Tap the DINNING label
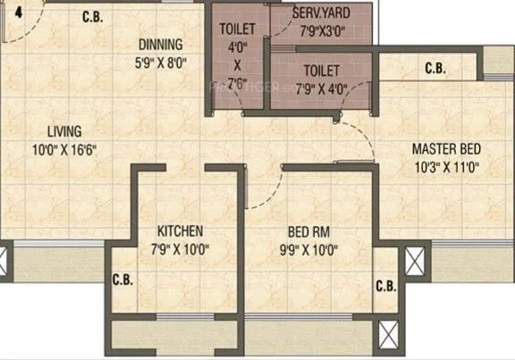[160, 45]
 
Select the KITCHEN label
[181, 231]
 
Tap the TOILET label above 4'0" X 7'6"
[237, 29]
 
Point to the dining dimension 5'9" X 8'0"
[161, 61]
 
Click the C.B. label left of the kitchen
[122, 280]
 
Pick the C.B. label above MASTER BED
[435, 68]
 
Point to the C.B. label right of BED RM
[385, 287]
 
